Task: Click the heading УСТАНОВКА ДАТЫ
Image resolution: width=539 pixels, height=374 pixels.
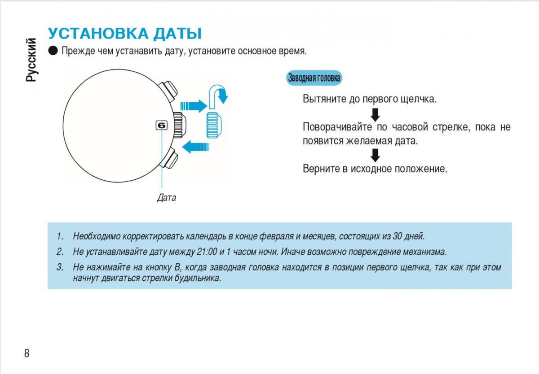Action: point(124,34)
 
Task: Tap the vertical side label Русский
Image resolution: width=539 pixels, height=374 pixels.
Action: point(31,60)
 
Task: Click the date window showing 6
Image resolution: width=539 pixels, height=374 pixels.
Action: point(161,126)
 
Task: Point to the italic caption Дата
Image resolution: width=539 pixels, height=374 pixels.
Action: point(166,197)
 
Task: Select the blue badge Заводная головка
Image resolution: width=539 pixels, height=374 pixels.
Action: point(314,78)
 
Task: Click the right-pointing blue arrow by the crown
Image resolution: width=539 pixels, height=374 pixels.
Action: point(194,106)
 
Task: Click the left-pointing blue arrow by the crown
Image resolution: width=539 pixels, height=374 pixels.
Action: point(196,146)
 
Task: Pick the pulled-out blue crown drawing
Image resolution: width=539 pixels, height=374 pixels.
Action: point(214,125)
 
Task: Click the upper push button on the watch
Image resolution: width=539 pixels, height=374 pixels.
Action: point(171,91)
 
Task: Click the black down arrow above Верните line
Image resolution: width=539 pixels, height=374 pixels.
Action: point(376,155)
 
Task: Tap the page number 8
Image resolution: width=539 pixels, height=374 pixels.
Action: point(27,353)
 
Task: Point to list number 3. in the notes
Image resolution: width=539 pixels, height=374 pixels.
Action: point(60,268)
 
